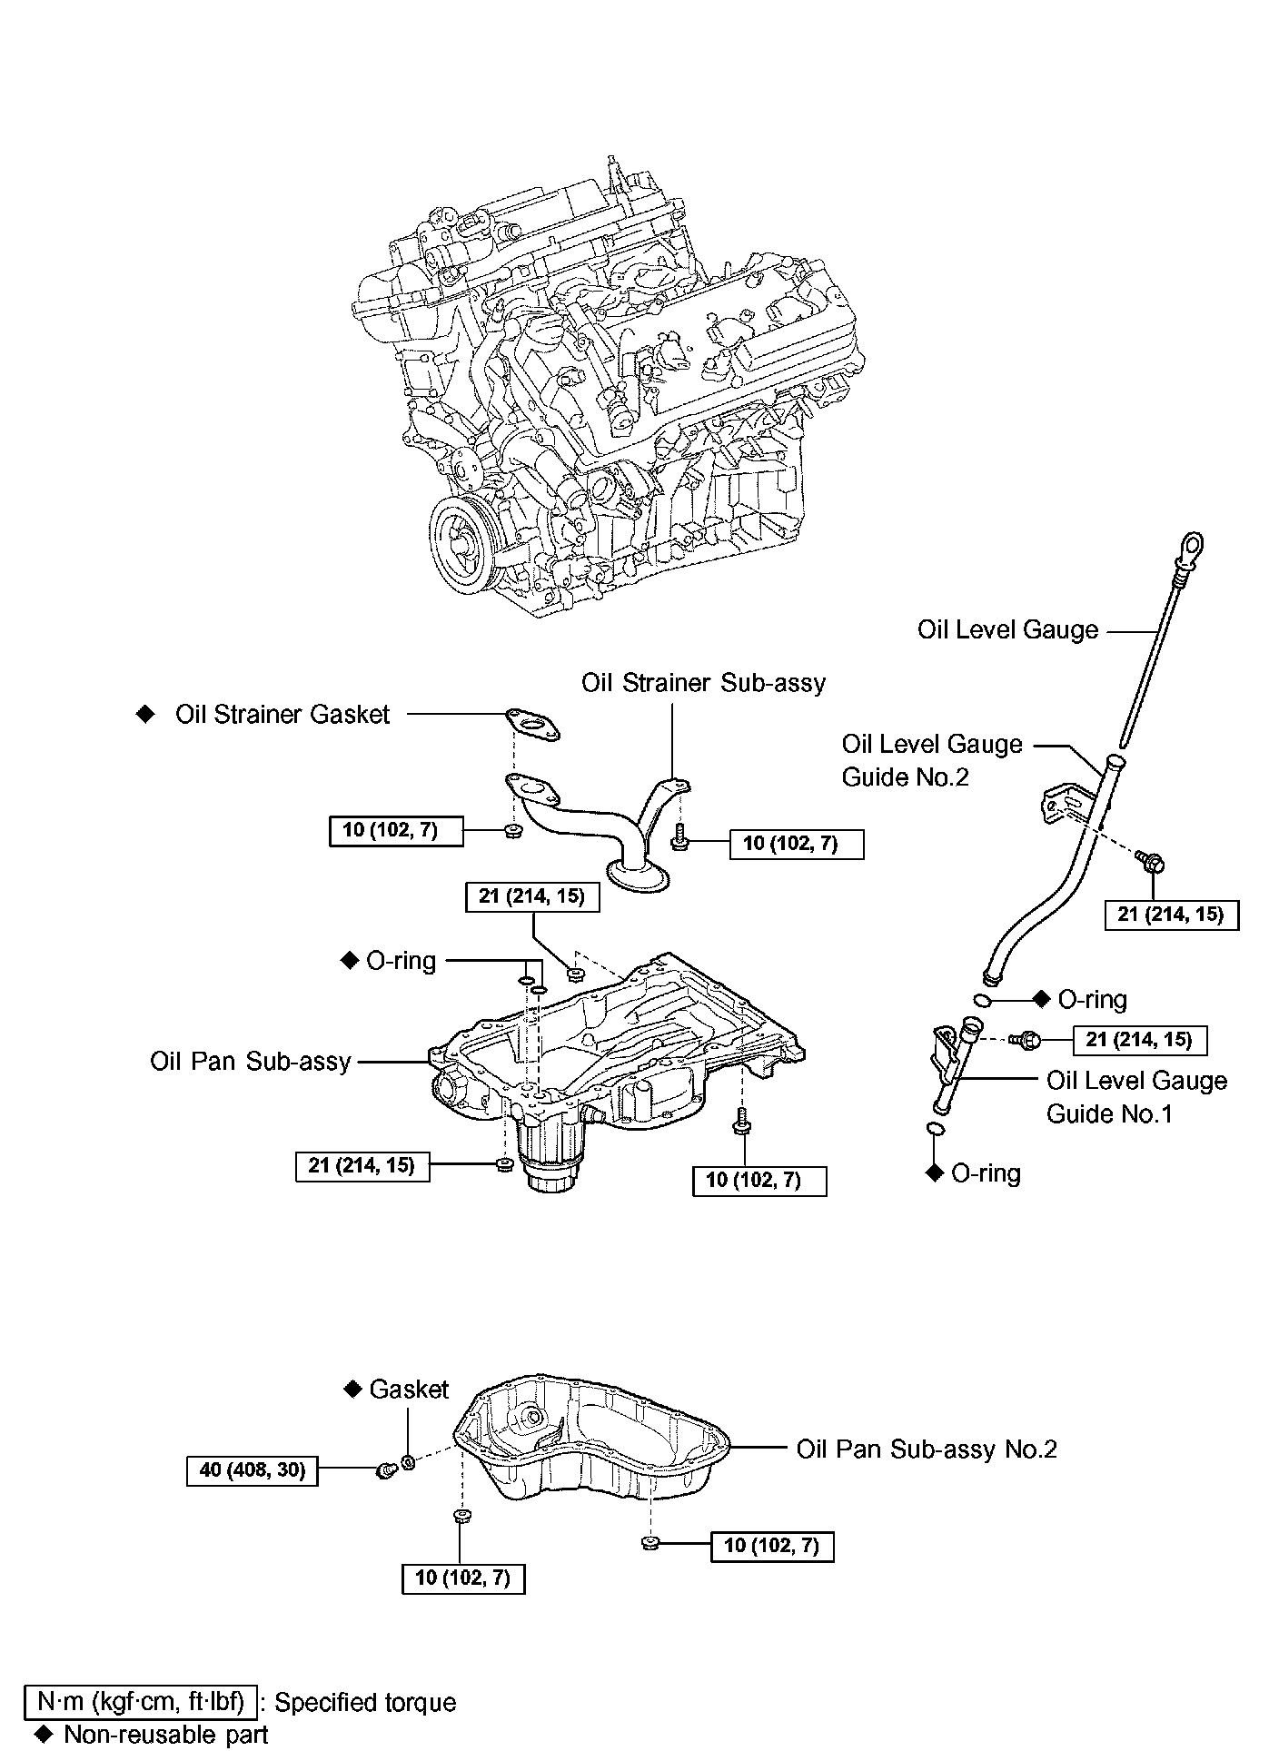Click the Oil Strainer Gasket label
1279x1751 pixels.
coord(282,715)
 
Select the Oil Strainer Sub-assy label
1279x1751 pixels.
coord(704,682)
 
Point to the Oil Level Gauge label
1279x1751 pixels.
coord(1007,630)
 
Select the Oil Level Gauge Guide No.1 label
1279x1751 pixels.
coord(1136,1097)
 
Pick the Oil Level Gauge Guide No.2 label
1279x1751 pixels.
coord(932,760)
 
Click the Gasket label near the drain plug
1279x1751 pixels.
coord(409,1390)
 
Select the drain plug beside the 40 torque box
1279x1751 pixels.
coord(385,1469)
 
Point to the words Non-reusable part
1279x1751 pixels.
coord(165,1735)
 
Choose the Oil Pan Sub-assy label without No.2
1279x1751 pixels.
coord(251,1061)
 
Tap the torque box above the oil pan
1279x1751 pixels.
coord(532,896)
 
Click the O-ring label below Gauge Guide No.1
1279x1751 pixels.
coord(986,1173)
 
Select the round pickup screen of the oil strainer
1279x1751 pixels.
coord(639,874)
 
